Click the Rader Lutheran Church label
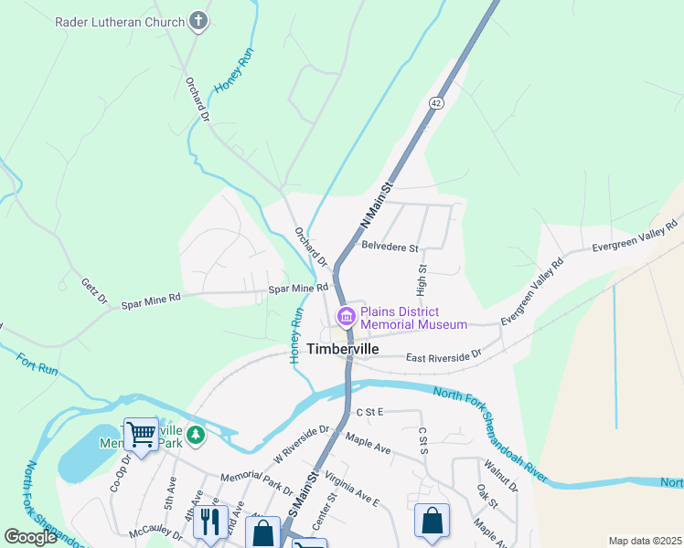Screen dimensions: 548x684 coord(119,20)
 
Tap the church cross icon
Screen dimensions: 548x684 coord(198,21)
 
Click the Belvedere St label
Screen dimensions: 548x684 coord(390,248)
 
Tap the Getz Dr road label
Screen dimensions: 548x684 coord(94,291)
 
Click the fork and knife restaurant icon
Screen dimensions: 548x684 coord(211,522)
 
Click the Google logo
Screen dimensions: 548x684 coord(31,536)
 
